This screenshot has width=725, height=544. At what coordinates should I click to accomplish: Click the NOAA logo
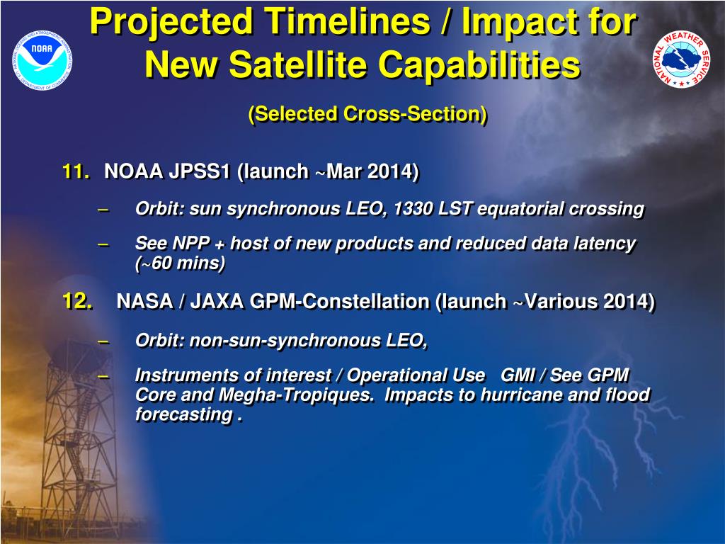[x=42, y=60]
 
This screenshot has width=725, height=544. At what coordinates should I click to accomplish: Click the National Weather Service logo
[x=682, y=59]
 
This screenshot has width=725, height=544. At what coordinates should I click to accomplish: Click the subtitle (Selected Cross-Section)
[x=367, y=114]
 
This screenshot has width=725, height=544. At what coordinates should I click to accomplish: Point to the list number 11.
[x=76, y=171]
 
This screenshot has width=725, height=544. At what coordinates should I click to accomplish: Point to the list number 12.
[x=77, y=300]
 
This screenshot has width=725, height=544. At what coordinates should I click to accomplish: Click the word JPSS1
[x=199, y=171]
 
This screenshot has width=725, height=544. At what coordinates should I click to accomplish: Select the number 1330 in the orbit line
[x=413, y=209]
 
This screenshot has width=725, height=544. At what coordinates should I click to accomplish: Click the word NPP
[x=191, y=244]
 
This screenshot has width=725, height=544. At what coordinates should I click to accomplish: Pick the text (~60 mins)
[x=180, y=263]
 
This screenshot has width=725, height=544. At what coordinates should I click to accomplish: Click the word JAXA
[x=217, y=302]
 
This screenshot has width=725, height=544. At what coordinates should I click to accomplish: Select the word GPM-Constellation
[x=339, y=302]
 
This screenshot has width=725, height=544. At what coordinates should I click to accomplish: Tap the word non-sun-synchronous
[x=285, y=341]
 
